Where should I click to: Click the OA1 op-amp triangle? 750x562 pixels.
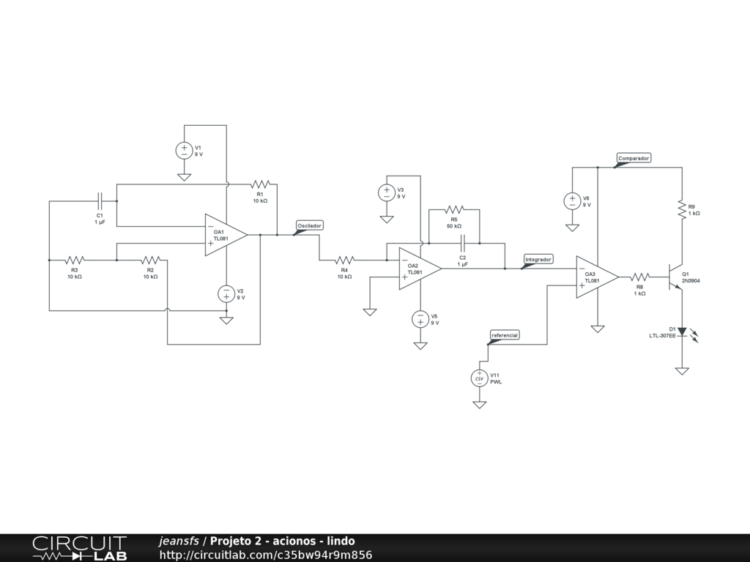(226, 235)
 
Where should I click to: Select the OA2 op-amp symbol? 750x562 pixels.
(420, 269)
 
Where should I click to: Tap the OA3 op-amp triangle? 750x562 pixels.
(597, 277)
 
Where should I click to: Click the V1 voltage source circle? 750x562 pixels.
(184, 151)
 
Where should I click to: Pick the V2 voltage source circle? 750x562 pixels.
(226, 294)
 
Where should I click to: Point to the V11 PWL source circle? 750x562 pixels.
(479, 378)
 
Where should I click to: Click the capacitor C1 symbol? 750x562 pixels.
(100, 201)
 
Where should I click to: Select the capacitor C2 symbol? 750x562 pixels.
(463, 243)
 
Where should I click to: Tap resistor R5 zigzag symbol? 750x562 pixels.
(454, 209)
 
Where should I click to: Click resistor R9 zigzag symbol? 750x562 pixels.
(682, 209)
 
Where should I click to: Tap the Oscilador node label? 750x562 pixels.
(310, 225)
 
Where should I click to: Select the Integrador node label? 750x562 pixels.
(538, 260)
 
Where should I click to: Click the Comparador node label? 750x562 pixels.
(634, 158)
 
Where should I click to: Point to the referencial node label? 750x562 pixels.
(505, 335)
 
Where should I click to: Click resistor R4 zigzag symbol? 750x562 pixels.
(344, 260)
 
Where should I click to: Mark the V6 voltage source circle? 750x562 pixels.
(572, 201)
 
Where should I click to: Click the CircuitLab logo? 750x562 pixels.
(80, 548)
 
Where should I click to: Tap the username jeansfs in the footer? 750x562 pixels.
(179, 541)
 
